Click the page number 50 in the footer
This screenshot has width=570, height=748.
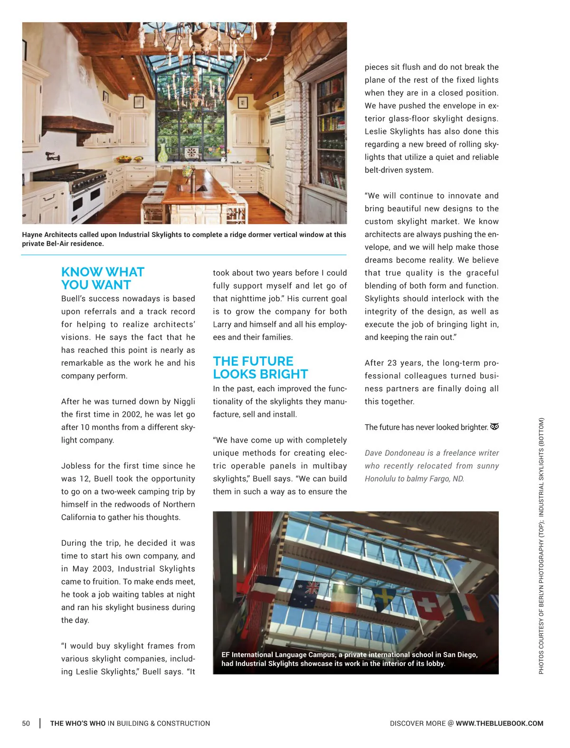click(26, 723)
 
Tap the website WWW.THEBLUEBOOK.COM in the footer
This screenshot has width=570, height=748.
click(499, 723)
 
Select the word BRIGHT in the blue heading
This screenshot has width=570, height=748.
click(284, 374)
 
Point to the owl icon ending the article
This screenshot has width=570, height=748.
click(494, 426)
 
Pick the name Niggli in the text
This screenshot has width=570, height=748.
click(184, 401)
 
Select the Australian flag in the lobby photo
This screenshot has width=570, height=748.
click(306, 594)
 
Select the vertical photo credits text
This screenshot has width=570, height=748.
click(541, 546)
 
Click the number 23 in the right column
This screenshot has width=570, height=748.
click(392, 363)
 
